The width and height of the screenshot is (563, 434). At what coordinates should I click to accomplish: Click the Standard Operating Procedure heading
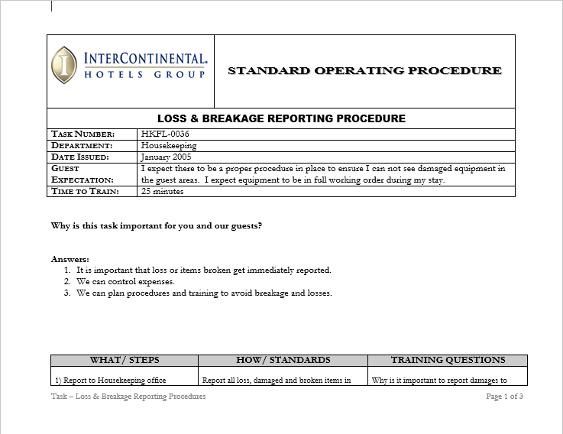(x=364, y=71)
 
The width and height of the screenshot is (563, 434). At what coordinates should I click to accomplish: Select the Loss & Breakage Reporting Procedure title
(x=281, y=118)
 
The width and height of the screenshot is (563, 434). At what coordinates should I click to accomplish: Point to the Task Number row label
(x=83, y=134)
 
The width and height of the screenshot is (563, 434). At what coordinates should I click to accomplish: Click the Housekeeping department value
(x=169, y=145)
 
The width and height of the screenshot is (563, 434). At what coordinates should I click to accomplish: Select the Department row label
(x=82, y=145)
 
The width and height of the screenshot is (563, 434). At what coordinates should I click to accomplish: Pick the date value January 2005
(x=167, y=157)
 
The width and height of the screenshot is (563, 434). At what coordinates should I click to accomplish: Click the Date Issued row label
(x=80, y=157)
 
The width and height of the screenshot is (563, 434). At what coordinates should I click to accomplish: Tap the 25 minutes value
(x=163, y=192)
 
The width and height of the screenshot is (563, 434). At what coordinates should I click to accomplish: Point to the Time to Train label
(x=85, y=192)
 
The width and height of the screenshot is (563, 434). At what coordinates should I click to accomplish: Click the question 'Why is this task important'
(x=157, y=226)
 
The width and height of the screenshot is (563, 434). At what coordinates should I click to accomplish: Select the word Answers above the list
(x=70, y=259)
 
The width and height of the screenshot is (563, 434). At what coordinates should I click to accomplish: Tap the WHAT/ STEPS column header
(x=124, y=360)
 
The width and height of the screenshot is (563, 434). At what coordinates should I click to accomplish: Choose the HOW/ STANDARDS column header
(x=283, y=360)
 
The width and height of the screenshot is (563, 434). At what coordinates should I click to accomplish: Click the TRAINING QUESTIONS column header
(x=448, y=360)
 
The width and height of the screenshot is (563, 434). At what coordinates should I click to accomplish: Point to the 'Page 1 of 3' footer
(x=504, y=397)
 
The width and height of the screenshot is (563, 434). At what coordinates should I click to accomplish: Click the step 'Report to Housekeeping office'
(x=110, y=380)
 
